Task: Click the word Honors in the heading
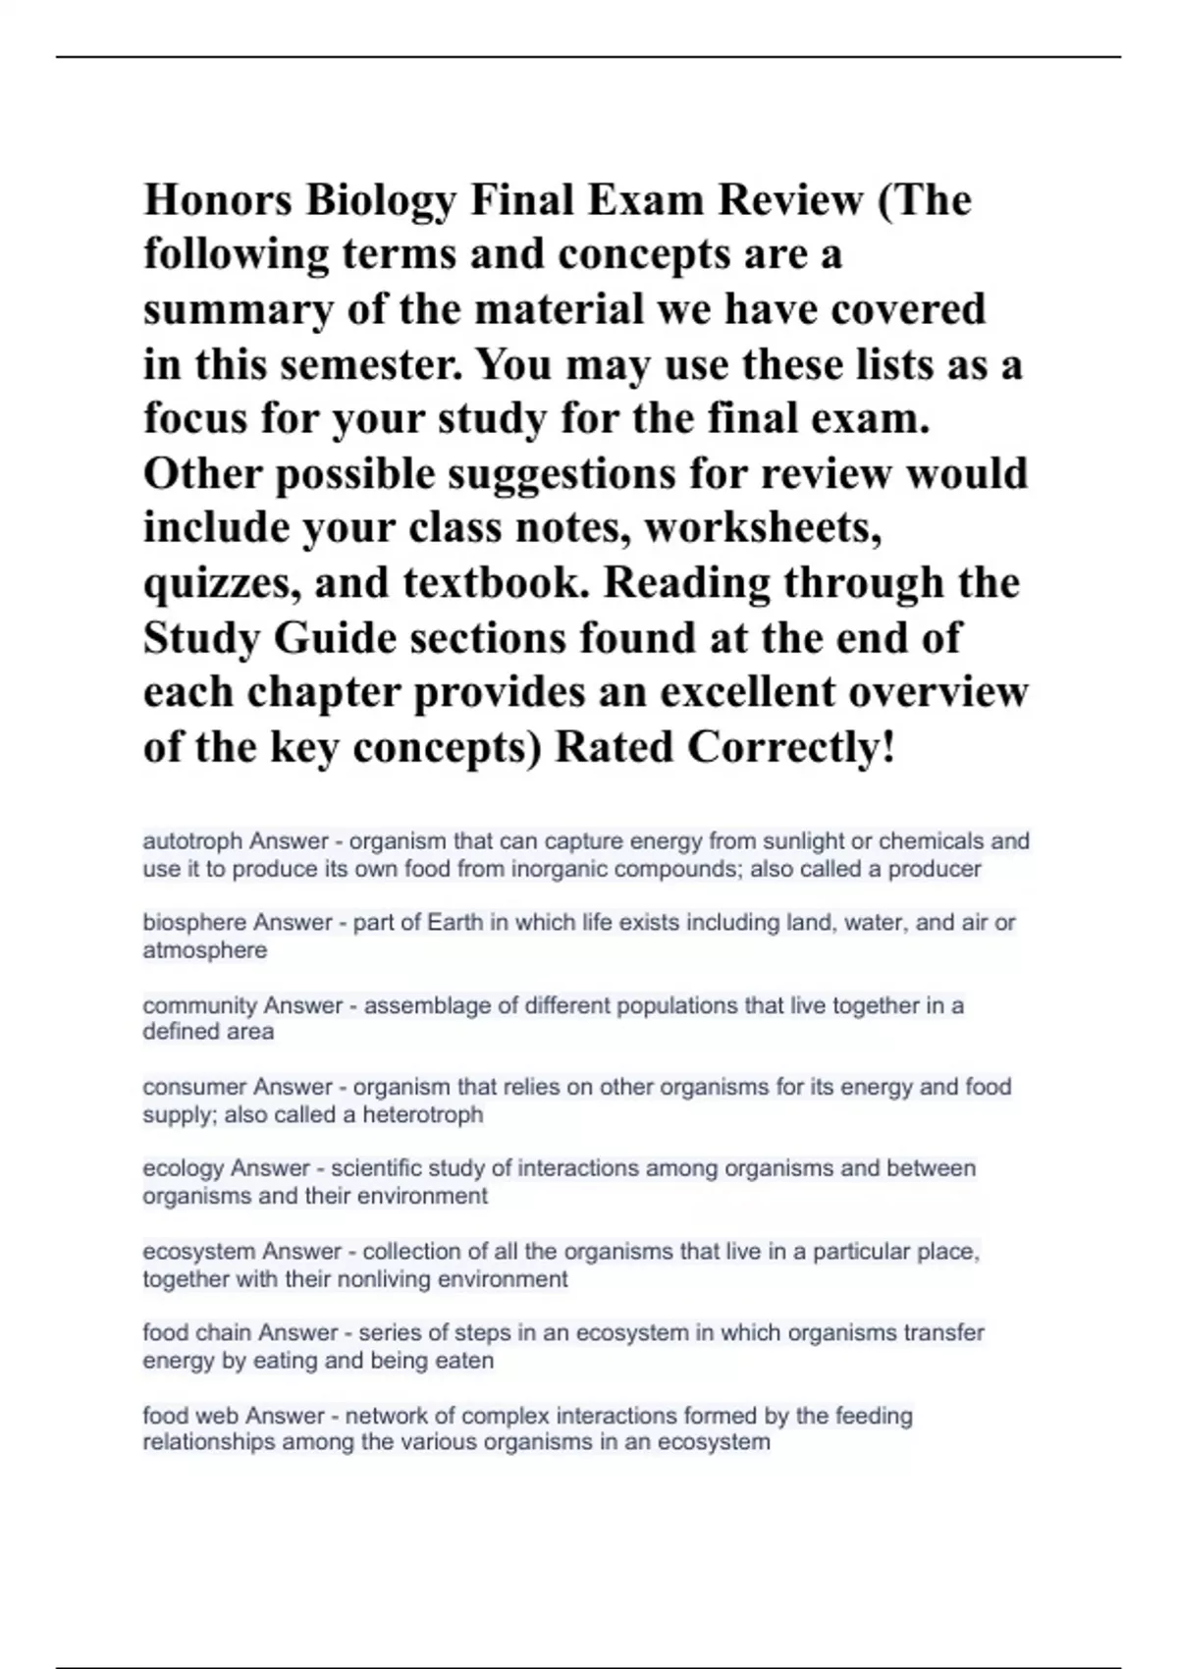click(x=219, y=200)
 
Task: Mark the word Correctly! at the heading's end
click(x=791, y=747)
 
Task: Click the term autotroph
click(x=192, y=841)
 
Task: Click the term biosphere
click(x=194, y=923)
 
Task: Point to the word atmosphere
click(x=204, y=950)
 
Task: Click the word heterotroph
click(x=423, y=1114)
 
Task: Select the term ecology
click(x=184, y=1168)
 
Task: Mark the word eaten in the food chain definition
click(x=466, y=1361)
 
